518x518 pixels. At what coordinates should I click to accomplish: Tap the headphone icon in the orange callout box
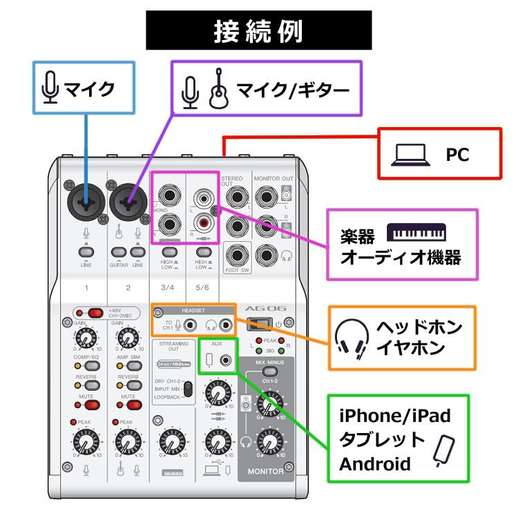(x=348, y=338)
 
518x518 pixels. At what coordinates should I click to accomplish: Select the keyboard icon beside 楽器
(x=416, y=232)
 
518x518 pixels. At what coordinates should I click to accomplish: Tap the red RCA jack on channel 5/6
(x=203, y=223)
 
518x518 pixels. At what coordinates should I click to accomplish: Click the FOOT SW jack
(x=237, y=255)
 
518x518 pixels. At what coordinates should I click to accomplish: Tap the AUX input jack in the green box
(x=225, y=359)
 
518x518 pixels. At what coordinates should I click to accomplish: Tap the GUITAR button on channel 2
(x=118, y=251)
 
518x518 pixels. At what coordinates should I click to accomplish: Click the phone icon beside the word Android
(x=442, y=449)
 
